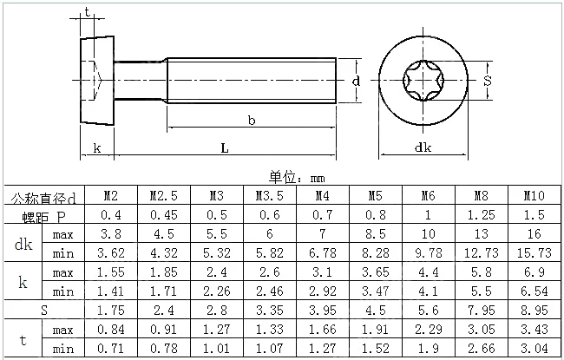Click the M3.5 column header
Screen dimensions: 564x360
269,196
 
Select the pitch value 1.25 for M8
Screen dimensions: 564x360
481,215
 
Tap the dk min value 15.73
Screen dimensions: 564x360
534,252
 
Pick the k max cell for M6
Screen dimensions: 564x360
429,272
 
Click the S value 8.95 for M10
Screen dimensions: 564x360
534,310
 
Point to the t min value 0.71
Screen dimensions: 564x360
111,348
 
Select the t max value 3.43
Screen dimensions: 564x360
534,329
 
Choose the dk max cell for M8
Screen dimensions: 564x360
481,233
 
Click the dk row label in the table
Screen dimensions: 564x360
23,245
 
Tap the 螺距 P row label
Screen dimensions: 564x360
44,217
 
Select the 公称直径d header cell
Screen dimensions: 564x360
44,198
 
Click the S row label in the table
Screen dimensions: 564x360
44,310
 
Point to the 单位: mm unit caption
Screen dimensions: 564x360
297,178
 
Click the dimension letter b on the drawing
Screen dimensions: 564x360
252,120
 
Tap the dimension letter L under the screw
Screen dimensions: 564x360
225,147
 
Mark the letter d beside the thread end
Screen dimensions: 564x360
356,82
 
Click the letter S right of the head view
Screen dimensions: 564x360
487,81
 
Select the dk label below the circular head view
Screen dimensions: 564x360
423,147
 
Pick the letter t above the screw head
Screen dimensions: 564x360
88,12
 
